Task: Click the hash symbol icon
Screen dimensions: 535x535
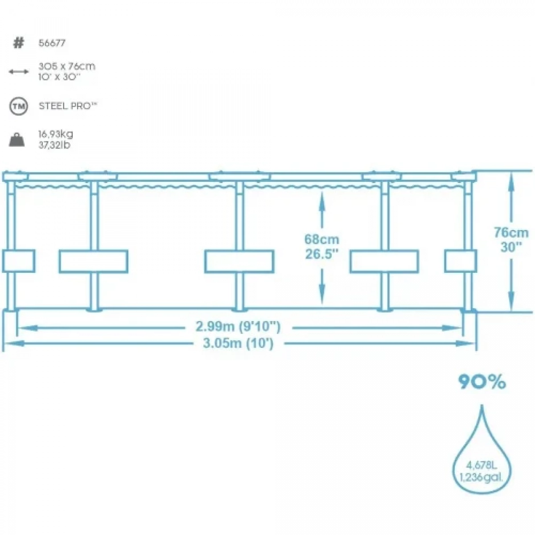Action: (x=19, y=43)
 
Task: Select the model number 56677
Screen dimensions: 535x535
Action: (x=52, y=43)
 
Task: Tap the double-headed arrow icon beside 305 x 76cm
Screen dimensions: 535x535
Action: (x=19, y=72)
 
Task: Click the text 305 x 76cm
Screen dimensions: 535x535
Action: (x=67, y=66)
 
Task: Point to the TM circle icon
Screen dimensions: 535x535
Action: (x=19, y=106)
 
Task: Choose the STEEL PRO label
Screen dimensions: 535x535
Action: (x=68, y=106)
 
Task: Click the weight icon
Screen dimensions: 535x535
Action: (x=16, y=140)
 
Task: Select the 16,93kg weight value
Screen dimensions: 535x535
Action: (x=56, y=134)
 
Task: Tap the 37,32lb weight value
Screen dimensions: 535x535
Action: (x=54, y=145)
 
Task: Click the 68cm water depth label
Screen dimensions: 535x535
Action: (x=322, y=239)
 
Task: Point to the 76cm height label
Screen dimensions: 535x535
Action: (x=511, y=233)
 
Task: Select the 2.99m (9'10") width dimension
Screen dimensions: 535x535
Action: (x=238, y=326)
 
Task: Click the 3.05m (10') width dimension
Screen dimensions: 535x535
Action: (x=238, y=344)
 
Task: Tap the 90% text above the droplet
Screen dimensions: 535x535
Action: (x=482, y=382)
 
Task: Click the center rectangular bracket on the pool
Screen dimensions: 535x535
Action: (x=239, y=261)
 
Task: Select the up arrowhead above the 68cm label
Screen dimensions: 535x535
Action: (x=322, y=199)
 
